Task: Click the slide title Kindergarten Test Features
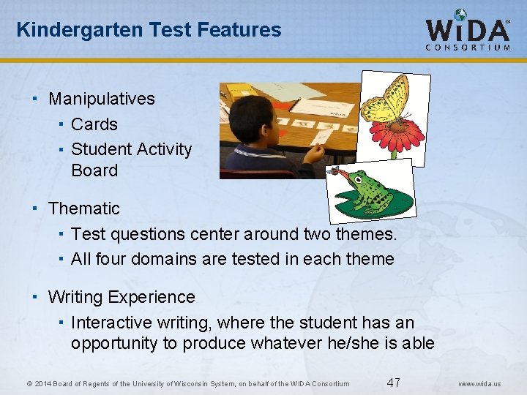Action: (x=149, y=30)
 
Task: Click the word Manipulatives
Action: (x=101, y=99)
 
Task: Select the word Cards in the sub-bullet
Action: (x=94, y=124)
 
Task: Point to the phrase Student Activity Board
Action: (x=131, y=159)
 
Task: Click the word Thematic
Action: (x=83, y=208)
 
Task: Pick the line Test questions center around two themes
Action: (x=233, y=234)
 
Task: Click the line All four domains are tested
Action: (x=232, y=259)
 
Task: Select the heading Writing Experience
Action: (x=121, y=297)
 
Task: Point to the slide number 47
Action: (x=394, y=383)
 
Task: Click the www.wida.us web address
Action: (x=480, y=384)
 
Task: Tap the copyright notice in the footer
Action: (x=187, y=384)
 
